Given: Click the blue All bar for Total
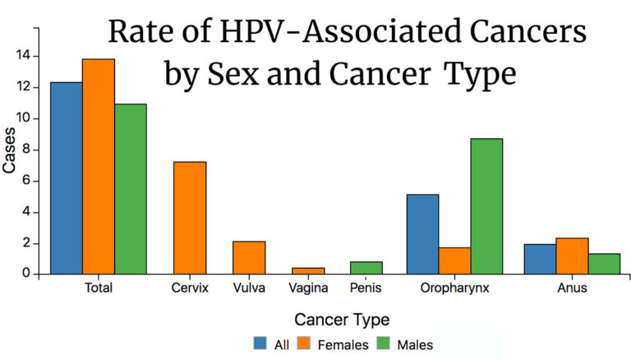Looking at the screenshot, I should tap(66, 178).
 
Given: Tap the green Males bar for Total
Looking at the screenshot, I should tap(130, 188).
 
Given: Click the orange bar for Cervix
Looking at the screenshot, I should tap(190, 218).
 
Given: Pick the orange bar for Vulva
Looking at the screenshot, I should tap(249, 257).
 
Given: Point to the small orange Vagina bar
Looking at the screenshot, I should tap(308, 270).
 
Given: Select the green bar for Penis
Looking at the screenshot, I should tap(366, 267).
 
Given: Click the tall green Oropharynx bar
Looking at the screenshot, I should tap(486, 205).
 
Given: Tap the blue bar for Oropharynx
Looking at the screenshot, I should tap(422, 233).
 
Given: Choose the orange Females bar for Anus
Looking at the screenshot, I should tap(572, 256).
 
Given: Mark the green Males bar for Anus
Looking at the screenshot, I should tap(604, 263).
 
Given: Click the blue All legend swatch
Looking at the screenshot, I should tap(260, 344).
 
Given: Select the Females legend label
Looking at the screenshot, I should tap(345, 345).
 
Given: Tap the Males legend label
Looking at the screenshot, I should tap(417, 345).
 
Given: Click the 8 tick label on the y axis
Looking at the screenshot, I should tap(26, 150).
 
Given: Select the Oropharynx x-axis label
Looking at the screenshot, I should tap(454, 288).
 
